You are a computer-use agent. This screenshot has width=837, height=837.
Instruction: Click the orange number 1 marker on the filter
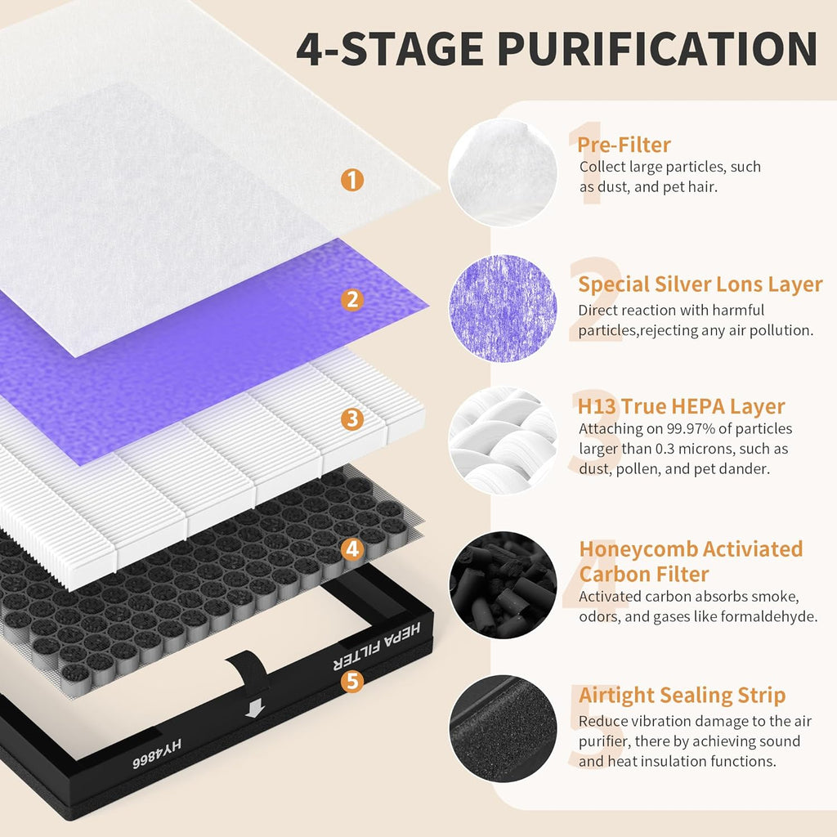pyautogui.click(x=351, y=180)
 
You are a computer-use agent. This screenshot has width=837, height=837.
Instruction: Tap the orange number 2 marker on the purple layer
pyautogui.click(x=351, y=300)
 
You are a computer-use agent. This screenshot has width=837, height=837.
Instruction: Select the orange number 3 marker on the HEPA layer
pyautogui.click(x=351, y=420)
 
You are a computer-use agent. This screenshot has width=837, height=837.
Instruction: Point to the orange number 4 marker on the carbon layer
pyautogui.click(x=351, y=549)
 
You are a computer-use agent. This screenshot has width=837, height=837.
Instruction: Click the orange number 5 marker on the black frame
pyautogui.click(x=351, y=681)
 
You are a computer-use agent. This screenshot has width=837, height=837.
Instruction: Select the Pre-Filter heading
pyautogui.click(x=624, y=145)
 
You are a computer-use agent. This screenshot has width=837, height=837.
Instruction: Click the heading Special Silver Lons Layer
pyautogui.click(x=700, y=284)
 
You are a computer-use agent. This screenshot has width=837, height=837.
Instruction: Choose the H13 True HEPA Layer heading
pyautogui.click(x=682, y=406)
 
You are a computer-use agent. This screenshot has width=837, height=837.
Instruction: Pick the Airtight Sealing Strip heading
pyautogui.click(x=682, y=696)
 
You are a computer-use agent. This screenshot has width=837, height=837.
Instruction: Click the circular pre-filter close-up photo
pyautogui.click(x=502, y=172)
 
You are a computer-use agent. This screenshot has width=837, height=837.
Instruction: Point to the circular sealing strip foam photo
pyautogui.click(x=502, y=728)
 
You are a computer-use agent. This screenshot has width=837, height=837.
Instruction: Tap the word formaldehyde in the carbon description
pyautogui.click(x=772, y=617)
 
